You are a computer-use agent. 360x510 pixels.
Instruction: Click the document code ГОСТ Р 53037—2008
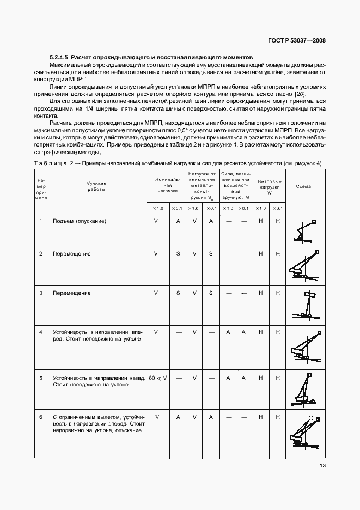tap(297, 40)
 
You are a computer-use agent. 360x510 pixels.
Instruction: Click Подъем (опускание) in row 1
tap(79, 221)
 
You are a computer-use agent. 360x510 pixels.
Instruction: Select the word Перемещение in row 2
tap(71, 254)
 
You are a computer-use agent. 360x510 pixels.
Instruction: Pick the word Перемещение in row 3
tap(71, 293)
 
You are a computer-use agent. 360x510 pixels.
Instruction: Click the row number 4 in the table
tap(41, 331)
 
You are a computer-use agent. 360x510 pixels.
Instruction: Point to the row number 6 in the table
tap(41, 417)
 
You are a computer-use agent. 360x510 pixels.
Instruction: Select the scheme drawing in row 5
tap(303, 390)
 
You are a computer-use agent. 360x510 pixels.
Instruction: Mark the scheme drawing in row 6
tap(303, 432)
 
